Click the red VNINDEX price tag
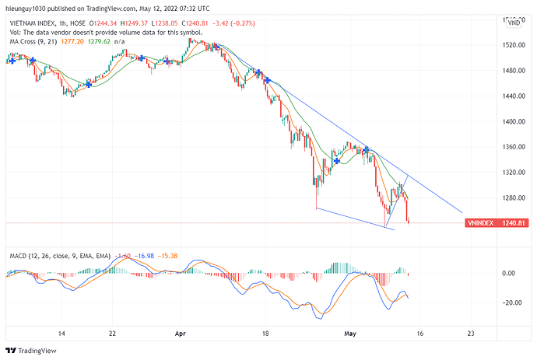[x=482, y=223]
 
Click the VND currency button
[x=514, y=23]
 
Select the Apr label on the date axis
[x=181, y=332]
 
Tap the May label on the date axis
[x=350, y=332]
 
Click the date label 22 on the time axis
[x=113, y=332]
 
